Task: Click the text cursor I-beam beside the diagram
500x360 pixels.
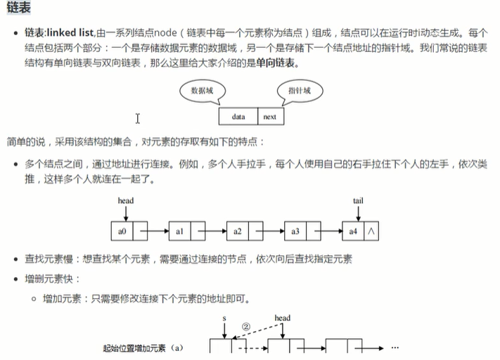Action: click(138, 118)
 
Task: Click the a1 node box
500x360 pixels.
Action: click(179, 230)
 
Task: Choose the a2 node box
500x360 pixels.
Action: click(237, 230)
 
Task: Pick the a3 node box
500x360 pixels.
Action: click(295, 230)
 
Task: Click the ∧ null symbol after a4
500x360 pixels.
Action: click(371, 230)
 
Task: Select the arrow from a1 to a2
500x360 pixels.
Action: click(215, 230)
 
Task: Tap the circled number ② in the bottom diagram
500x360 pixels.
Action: click(245, 326)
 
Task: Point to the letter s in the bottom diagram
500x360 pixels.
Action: click(224, 319)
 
